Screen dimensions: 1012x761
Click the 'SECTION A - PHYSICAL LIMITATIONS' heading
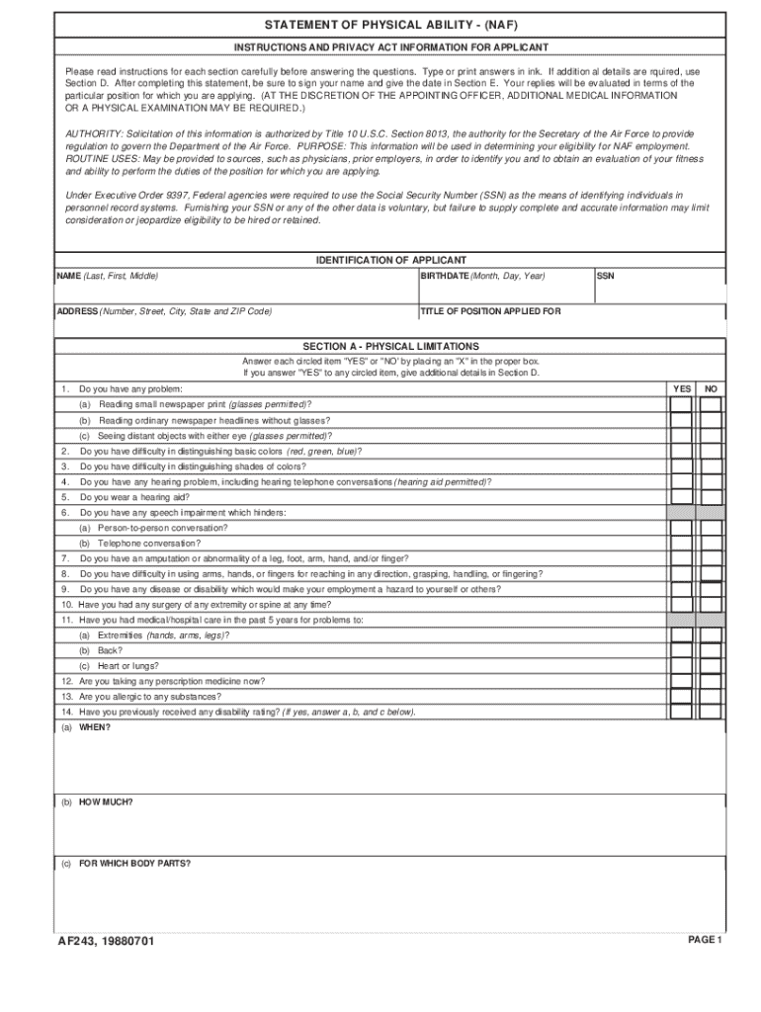(390, 346)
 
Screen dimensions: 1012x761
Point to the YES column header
(682, 389)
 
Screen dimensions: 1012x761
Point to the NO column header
(711, 389)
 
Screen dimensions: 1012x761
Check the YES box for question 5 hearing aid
(681, 497)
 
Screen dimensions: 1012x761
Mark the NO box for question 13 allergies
(711, 697)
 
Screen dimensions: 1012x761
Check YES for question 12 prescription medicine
(681, 681)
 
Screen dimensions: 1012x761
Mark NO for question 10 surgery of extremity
(711, 604)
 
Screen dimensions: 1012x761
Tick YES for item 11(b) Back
(681, 650)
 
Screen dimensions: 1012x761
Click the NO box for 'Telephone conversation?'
(711, 544)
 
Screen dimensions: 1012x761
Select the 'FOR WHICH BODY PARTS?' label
(134, 863)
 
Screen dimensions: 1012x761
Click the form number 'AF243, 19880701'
(106, 941)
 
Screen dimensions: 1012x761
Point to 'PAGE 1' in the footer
(706, 939)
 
